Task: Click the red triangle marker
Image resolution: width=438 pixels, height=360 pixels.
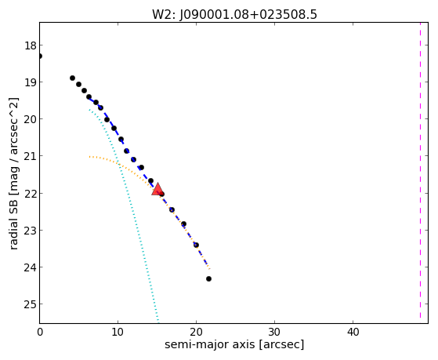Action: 157,189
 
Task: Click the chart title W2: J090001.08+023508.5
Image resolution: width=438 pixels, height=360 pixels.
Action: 234,14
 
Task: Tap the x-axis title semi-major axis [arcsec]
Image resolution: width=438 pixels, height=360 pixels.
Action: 234,344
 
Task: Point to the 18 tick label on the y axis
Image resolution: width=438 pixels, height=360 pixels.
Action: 31,45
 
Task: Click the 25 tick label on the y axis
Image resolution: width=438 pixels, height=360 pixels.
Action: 31,304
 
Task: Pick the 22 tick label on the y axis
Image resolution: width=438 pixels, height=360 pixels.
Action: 31,193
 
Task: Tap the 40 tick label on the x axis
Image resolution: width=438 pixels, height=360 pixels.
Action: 353,333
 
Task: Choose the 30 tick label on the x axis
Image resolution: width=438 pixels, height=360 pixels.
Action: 274,333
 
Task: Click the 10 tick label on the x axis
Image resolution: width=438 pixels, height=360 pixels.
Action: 118,333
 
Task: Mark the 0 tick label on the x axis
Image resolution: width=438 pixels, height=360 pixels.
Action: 40,333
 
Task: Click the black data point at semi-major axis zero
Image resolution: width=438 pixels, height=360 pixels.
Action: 40,56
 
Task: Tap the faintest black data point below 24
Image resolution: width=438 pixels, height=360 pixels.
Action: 208,279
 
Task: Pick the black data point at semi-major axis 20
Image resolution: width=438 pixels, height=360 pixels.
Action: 196,245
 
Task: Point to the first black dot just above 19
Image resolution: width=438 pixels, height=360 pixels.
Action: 72,78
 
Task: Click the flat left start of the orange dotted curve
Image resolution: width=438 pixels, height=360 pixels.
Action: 91,157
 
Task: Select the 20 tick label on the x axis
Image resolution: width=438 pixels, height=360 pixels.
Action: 196,333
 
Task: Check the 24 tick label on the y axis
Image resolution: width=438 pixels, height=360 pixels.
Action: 31,267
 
